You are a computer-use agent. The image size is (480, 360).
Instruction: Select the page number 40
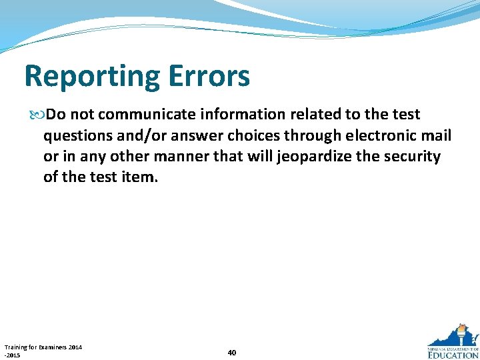pos(231,352)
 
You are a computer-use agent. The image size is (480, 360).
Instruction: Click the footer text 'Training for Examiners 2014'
pos(43,347)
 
